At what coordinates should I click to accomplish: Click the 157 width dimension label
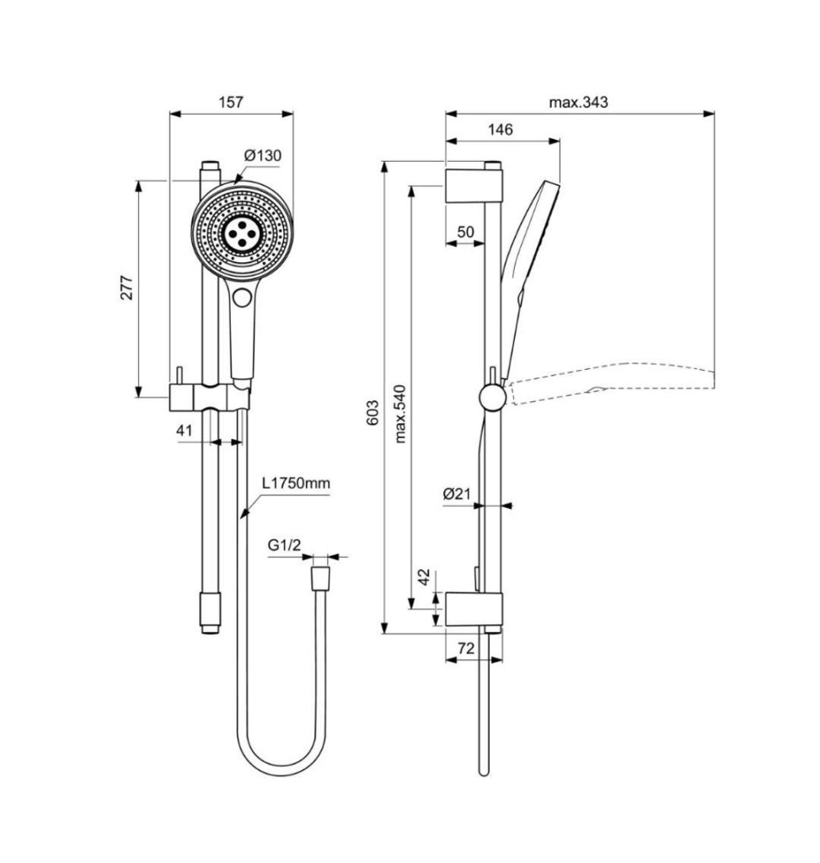[231, 102]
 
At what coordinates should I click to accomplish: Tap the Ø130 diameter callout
[263, 156]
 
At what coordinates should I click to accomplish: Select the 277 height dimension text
[127, 287]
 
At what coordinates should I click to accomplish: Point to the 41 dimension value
[185, 430]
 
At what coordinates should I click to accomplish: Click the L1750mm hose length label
[296, 483]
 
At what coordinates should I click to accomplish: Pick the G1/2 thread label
[285, 545]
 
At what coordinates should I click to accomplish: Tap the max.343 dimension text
[578, 102]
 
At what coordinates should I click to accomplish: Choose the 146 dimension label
[501, 129]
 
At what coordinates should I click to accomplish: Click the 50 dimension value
[465, 232]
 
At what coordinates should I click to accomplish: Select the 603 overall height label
[372, 412]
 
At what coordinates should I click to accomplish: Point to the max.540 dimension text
[399, 414]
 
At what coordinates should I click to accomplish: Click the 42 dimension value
[423, 577]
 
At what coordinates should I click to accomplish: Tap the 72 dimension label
[465, 648]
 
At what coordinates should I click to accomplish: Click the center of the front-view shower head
[242, 233]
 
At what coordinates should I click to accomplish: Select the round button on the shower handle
[242, 297]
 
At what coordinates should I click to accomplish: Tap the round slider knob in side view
[492, 397]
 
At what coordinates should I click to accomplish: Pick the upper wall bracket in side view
[474, 186]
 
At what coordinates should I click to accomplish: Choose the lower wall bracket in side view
[474, 610]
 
